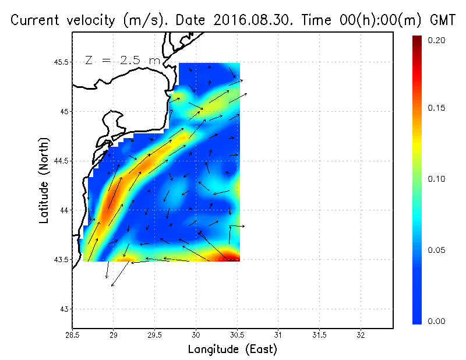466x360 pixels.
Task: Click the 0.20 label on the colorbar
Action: click(437, 40)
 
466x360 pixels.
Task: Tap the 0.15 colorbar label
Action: click(437, 108)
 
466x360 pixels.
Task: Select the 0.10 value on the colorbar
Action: click(437, 179)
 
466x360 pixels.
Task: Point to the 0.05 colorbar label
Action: click(437, 250)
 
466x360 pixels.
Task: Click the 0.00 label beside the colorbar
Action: click(437, 321)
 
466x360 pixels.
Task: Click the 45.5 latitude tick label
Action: click(60, 62)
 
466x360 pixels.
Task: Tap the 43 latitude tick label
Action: click(64, 309)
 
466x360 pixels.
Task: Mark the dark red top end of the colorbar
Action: click(417, 40)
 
